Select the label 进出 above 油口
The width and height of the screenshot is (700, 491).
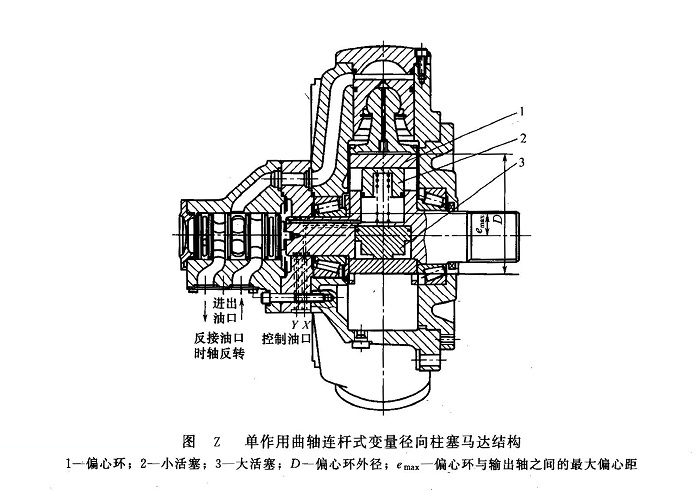(222, 303)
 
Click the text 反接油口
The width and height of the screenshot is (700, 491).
(221, 337)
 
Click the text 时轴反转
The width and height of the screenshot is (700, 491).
(221, 354)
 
